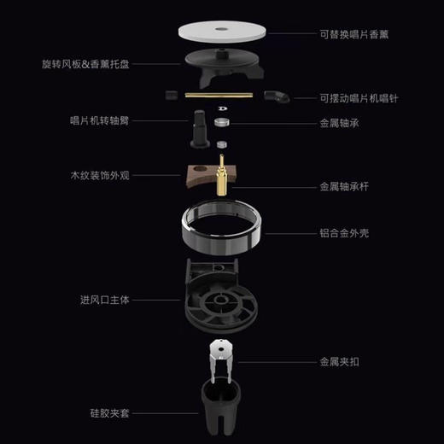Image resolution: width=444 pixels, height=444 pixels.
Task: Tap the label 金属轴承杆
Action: [344, 185]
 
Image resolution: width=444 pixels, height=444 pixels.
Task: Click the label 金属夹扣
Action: [340, 361]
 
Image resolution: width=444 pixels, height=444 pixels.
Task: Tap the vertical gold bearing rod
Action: [223, 174]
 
